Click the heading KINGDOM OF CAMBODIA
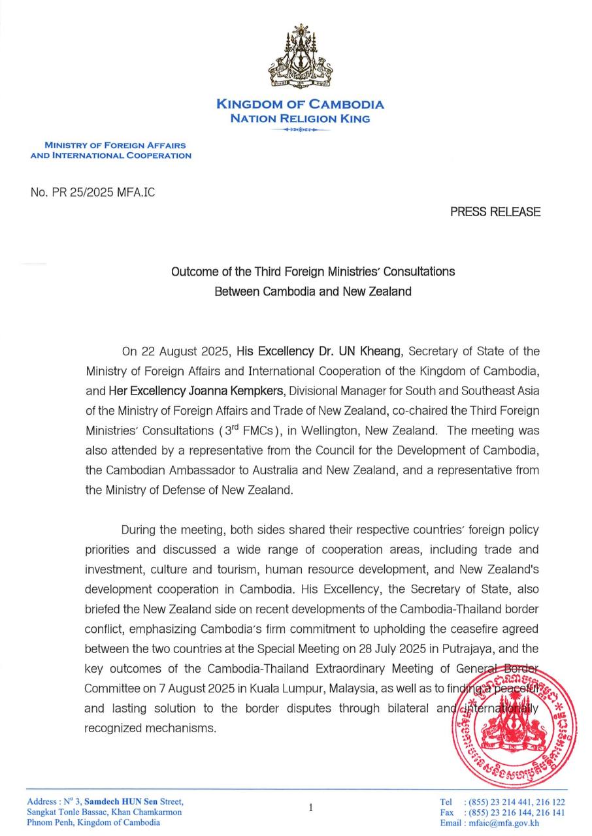pos(300,104)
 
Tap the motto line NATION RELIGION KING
pos(300,119)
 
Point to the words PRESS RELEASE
pos(495,212)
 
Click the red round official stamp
pos(514,722)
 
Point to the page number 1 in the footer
pos(310,807)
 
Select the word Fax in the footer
pos(447,812)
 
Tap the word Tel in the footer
pos(446,802)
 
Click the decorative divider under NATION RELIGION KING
pos(300,130)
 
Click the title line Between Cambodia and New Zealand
pos(313,291)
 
